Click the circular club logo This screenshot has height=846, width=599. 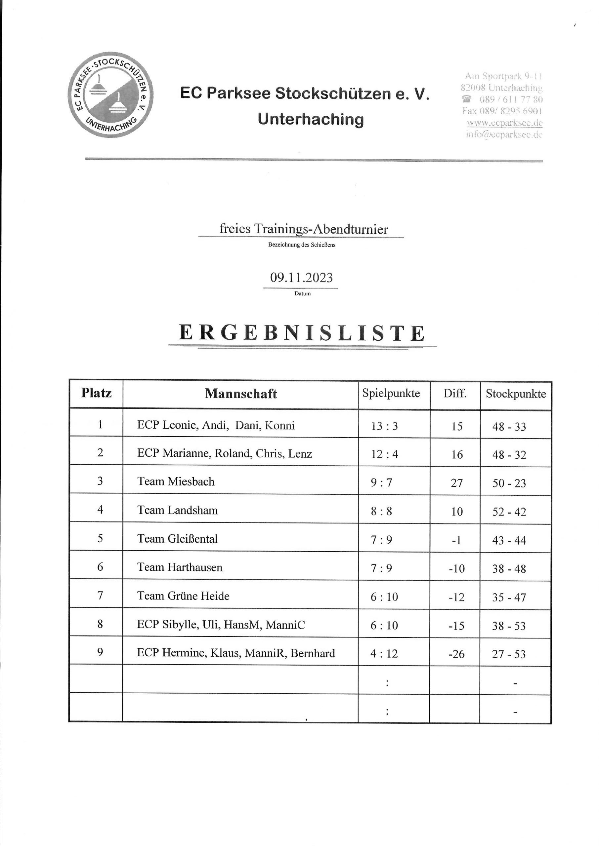point(111,95)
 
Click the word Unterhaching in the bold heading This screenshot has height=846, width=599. point(311,119)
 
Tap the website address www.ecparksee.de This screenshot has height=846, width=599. point(504,123)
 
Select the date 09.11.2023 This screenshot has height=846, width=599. point(301,278)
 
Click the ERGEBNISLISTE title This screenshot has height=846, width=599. point(302,333)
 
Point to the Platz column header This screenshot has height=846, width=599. point(96,393)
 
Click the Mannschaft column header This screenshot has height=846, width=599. point(240,394)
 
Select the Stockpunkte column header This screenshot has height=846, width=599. point(515,394)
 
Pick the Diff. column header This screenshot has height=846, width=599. point(454,394)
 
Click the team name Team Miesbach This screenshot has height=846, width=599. point(176,481)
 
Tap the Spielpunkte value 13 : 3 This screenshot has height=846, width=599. point(384,426)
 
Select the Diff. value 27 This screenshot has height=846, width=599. point(457,483)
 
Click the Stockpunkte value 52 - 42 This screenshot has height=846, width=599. point(509,512)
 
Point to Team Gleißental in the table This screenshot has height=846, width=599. point(177,539)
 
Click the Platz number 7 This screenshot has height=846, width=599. point(100,596)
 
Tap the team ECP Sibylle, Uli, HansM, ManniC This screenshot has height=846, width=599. point(221,625)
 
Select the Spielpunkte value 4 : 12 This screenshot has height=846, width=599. point(384,654)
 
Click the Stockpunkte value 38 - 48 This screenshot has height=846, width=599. point(509,568)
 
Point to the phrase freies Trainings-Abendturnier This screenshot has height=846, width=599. point(304,229)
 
